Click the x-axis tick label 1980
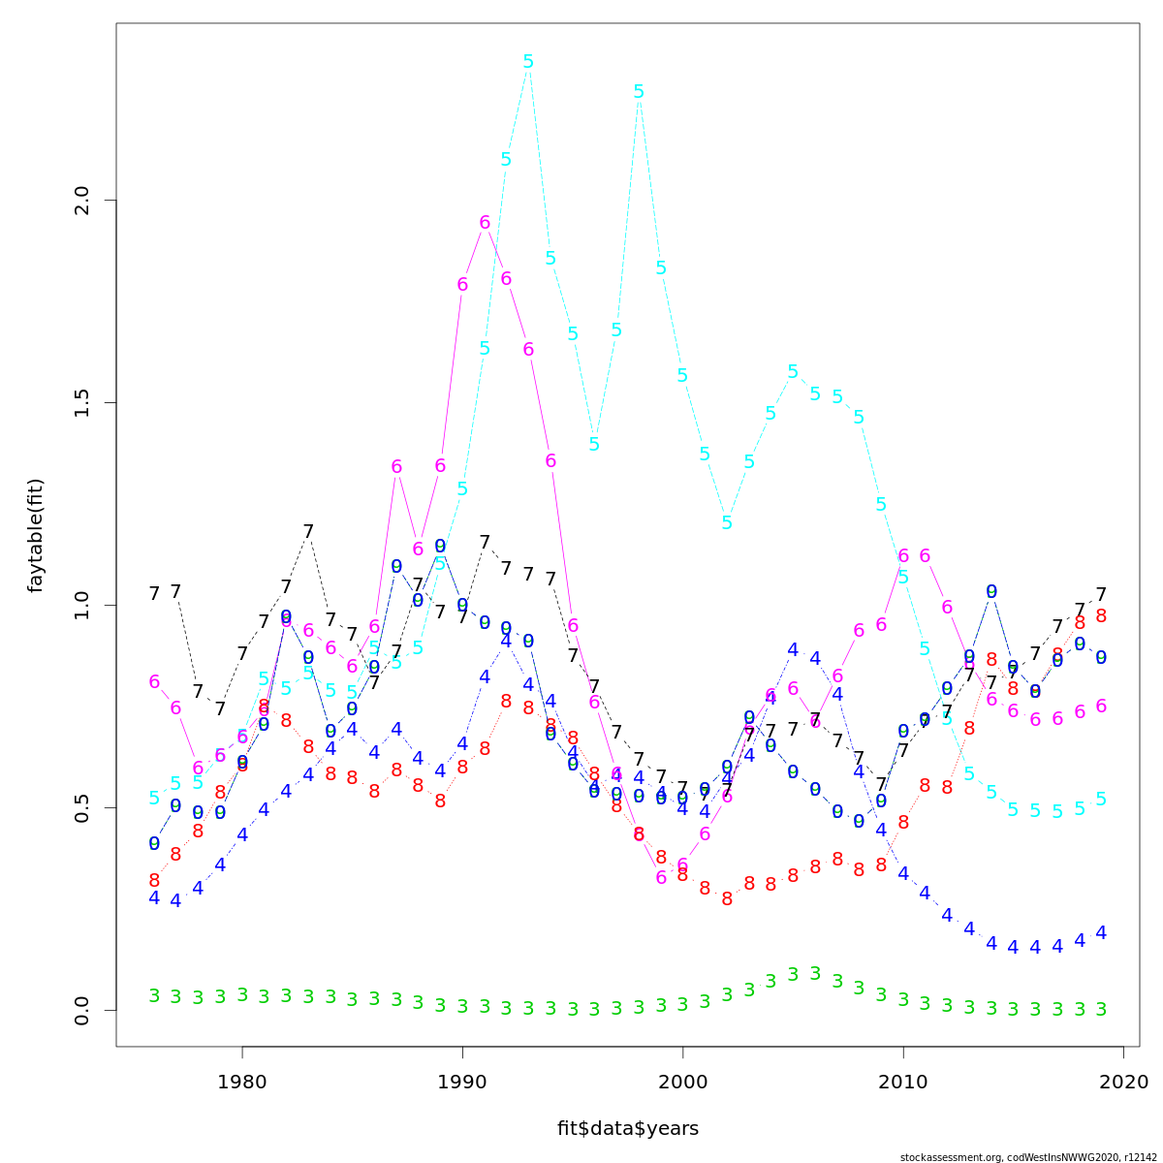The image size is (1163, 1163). (x=242, y=1081)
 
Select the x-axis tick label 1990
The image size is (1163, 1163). (x=462, y=1081)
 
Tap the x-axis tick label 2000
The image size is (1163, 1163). (x=683, y=1081)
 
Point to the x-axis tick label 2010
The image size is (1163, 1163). (x=903, y=1081)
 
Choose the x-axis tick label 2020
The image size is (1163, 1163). (x=1124, y=1081)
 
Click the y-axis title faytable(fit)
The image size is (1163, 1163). (x=36, y=535)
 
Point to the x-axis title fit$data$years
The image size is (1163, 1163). (x=627, y=1128)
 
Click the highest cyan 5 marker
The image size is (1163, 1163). (x=528, y=62)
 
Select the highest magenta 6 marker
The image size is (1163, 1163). (x=485, y=223)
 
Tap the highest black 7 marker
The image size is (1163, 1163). (x=308, y=532)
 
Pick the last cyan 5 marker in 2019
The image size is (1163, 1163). (x=1101, y=800)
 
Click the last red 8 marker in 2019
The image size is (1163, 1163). (x=1101, y=616)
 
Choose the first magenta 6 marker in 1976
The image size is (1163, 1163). (x=154, y=682)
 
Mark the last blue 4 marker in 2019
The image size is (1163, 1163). (x=1101, y=933)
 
